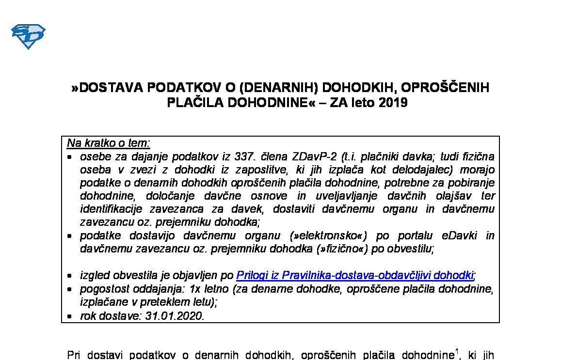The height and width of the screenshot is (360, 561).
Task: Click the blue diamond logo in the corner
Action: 28,36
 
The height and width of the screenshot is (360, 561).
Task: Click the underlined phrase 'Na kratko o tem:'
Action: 109,143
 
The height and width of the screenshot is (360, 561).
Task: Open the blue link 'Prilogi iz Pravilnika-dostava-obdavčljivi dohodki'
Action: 354,276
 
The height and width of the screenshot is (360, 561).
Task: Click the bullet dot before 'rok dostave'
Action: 71,316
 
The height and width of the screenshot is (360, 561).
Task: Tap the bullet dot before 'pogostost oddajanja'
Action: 71,290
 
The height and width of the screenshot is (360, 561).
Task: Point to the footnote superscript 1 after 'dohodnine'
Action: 456,351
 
